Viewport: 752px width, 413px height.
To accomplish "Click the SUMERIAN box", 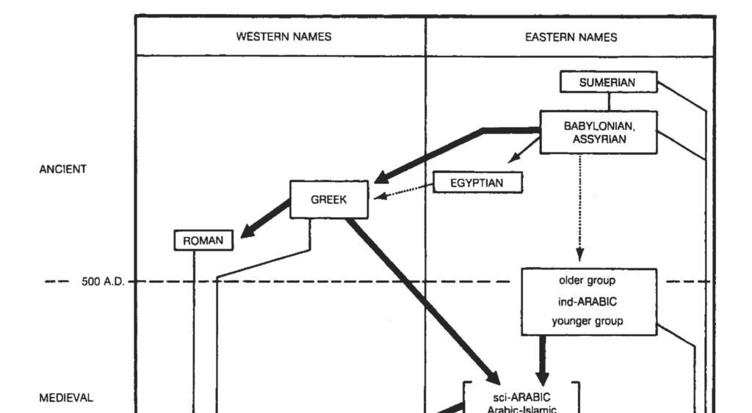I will point(607,82).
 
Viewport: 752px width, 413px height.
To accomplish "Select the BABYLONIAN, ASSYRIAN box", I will point(599,132).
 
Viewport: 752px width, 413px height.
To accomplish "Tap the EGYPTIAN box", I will point(477,182).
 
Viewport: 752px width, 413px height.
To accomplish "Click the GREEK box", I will point(328,199).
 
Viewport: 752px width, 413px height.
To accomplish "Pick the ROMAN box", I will point(203,240).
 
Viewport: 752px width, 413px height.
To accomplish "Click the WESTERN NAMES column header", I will point(283,37).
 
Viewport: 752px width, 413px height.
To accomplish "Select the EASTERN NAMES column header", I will point(571,37).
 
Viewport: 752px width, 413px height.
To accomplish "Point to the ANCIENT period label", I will point(62,169).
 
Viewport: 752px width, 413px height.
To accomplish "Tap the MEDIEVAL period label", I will point(66,398).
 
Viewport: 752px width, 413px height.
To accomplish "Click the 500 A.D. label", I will point(101,281).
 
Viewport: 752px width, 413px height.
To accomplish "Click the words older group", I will point(587,280).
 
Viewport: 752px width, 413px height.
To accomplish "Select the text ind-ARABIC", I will point(587,301).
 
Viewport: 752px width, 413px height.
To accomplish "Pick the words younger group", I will point(587,321).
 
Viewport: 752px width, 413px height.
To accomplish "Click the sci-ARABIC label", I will point(522,397).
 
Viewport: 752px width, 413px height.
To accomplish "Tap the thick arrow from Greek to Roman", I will point(266,219).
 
